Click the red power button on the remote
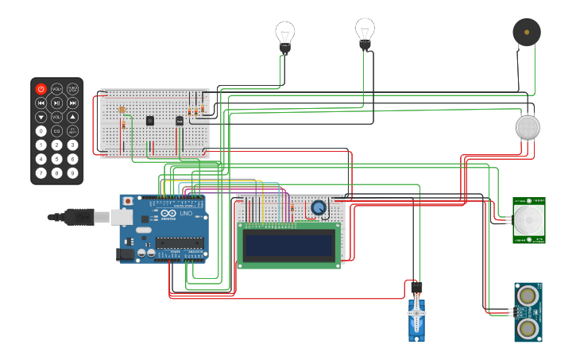pos(41,89)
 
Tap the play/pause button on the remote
pos(56,103)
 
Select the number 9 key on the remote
pos(72,172)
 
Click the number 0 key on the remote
pos(41,130)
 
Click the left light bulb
pos(284,36)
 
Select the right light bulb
pos(365,32)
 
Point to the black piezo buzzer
pos(526,33)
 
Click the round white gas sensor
pos(528,127)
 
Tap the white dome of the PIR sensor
pos(528,220)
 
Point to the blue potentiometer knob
pos(319,208)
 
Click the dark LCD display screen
pos(288,246)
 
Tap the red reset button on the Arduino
pos(127,202)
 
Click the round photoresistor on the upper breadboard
pos(122,110)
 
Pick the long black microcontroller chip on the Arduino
pos(180,242)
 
